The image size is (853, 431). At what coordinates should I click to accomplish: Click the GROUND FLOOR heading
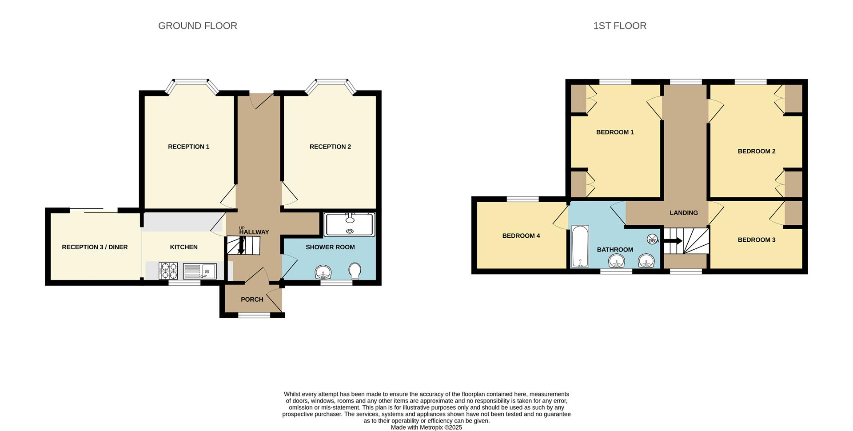pyautogui.click(x=197, y=26)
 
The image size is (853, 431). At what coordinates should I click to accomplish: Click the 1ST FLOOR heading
pyautogui.click(x=619, y=26)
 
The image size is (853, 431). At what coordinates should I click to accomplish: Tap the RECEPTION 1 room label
pyautogui.click(x=188, y=147)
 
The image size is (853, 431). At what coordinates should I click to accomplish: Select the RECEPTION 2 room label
pyautogui.click(x=330, y=147)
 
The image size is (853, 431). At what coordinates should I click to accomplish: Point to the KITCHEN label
pyautogui.click(x=183, y=247)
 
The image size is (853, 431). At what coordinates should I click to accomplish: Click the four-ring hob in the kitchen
pyautogui.click(x=168, y=271)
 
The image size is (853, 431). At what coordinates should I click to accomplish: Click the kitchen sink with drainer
pyautogui.click(x=199, y=271)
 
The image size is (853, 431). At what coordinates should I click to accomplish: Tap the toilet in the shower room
pyautogui.click(x=355, y=271)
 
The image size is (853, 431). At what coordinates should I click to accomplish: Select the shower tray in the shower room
pyautogui.click(x=350, y=224)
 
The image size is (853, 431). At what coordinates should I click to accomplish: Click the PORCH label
pyautogui.click(x=252, y=299)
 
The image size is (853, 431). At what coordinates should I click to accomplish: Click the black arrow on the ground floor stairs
pyautogui.click(x=241, y=246)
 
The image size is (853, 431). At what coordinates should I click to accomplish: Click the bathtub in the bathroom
pyautogui.click(x=580, y=247)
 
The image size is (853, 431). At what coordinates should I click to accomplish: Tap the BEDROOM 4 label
pyautogui.click(x=521, y=236)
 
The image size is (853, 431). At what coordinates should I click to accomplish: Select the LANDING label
pyautogui.click(x=683, y=213)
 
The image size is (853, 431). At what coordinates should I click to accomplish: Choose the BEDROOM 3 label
pyautogui.click(x=756, y=240)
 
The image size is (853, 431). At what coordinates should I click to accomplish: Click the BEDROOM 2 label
pyautogui.click(x=756, y=152)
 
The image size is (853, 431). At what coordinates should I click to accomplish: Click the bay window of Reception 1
pyautogui.click(x=191, y=82)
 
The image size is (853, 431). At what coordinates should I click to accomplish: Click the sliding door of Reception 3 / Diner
pyautogui.click(x=93, y=210)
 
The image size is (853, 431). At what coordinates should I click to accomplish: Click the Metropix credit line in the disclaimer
pyautogui.click(x=426, y=427)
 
